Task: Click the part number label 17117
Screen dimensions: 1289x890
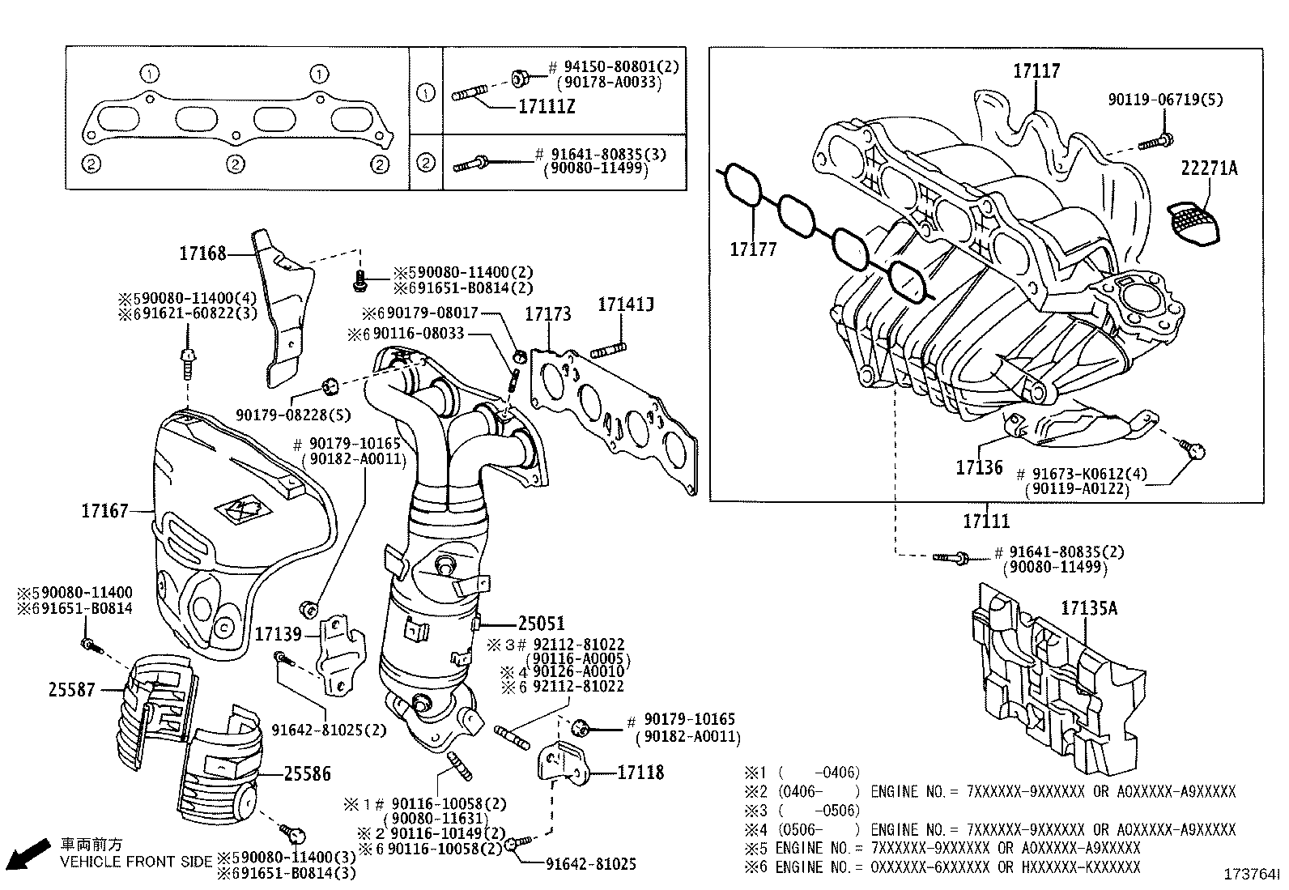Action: pos(1036,70)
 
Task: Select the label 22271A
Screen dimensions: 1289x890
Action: pos(1209,168)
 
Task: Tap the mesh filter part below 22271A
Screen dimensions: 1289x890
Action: pos(1193,223)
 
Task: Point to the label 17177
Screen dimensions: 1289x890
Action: pos(753,249)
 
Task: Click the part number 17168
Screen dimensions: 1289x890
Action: pos(202,253)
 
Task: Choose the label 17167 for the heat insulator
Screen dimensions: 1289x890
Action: pos(104,511)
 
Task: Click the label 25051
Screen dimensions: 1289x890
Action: pos(541,623)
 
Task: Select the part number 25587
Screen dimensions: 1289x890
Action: pos(71,689)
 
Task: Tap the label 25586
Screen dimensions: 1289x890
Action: pos(308,773)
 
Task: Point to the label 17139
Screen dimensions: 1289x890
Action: pos(279,634)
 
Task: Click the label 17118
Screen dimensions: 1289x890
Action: pos(640,772)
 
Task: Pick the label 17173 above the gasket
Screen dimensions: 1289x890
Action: pos(548,313)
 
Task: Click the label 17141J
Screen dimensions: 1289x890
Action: pos(626,304)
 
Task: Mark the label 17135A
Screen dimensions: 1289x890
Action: pos(1089,608)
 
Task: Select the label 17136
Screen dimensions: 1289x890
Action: pos(979,467)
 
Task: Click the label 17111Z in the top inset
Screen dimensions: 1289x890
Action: pos(547,107)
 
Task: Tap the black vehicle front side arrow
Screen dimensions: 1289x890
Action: pos(29,854)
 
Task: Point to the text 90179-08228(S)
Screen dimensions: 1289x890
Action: pos(293,415)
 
